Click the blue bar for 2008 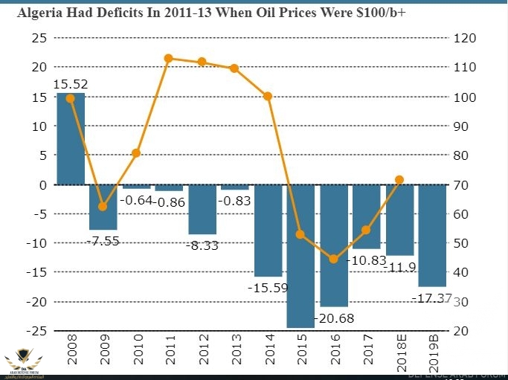pos(71,138)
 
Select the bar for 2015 pos(300,256)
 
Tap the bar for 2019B pos(432,235)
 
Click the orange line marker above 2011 pos(169,58)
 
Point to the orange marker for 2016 pos(334,260)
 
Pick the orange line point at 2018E pos(399,180)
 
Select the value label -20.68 pos(334,318)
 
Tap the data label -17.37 pos(432,297)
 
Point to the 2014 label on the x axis pos(269,349)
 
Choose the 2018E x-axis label pos(399,352)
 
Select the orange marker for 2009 pos(103,207)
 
